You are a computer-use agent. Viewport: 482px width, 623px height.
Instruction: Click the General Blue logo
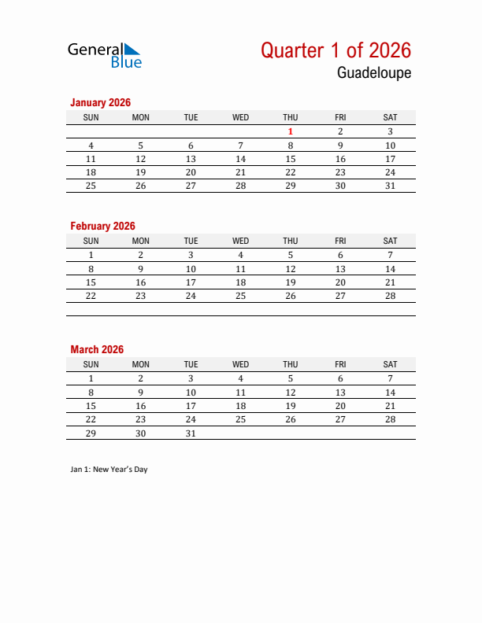pos(105,55)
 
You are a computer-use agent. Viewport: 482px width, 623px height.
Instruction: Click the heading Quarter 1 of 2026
pos(336,50)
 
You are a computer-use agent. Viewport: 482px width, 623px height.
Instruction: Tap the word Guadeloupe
pos(374,73)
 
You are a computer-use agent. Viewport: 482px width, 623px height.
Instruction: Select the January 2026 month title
pos(100,102)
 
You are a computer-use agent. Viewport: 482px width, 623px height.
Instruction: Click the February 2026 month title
pos(102,226)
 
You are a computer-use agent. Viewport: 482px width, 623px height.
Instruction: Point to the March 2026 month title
pos(97,349)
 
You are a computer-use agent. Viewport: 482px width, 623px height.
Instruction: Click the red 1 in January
pos(291,132)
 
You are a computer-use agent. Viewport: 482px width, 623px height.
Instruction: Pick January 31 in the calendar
pos(390,186)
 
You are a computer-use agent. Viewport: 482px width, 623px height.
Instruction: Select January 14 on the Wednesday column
pos(241,159)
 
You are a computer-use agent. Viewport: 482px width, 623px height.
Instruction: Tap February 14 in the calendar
pos(390,269)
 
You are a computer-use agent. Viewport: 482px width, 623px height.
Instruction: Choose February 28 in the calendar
pos(390,296)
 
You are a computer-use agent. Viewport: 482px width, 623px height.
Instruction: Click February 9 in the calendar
pos(141,269)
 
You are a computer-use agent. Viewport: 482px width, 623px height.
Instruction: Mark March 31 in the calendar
pos(191,433)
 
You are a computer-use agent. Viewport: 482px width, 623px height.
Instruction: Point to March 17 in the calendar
pos(191,406)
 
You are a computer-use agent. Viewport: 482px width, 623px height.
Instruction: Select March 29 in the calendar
pos(91,433)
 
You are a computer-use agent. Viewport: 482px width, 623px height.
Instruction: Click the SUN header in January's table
pos(91,117)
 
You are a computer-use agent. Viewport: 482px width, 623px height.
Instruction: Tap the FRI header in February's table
pos(340,241)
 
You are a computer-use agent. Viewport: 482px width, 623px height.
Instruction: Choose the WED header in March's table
pos(241,364)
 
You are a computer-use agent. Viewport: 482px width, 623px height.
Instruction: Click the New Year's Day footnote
pos(109,470)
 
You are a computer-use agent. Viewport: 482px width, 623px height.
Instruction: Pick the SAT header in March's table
pos(390,364)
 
